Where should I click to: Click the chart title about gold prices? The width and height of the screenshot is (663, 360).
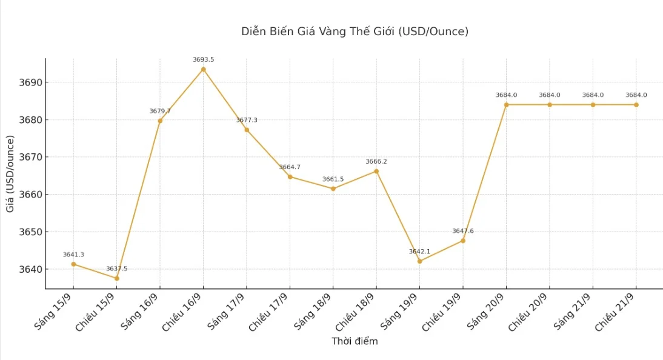click(x=355, y=32)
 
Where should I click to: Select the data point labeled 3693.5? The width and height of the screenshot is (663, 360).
click(x=203, y=69)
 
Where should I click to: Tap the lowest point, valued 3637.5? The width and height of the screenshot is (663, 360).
click(x=117, y=278)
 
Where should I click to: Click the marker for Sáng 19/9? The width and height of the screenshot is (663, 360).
click(x=419, y=261)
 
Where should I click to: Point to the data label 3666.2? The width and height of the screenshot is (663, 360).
click(x=376, y=162)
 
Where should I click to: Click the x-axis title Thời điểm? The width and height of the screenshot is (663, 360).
click(x=355, y=341)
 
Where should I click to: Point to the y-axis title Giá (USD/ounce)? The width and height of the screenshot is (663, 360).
click(x=10, y=174)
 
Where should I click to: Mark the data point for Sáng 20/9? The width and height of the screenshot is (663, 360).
click(x=506, y=105)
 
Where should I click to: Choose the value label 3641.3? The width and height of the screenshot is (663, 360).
click(x=73, y=255)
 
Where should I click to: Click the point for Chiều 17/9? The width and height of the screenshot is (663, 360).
click(x=290, y=177)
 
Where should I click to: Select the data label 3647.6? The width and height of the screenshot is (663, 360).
click(x=462, y=231)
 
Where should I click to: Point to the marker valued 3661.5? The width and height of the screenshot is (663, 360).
click(x=333, y=188)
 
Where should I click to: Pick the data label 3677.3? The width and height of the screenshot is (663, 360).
click(x=246, y=120)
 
